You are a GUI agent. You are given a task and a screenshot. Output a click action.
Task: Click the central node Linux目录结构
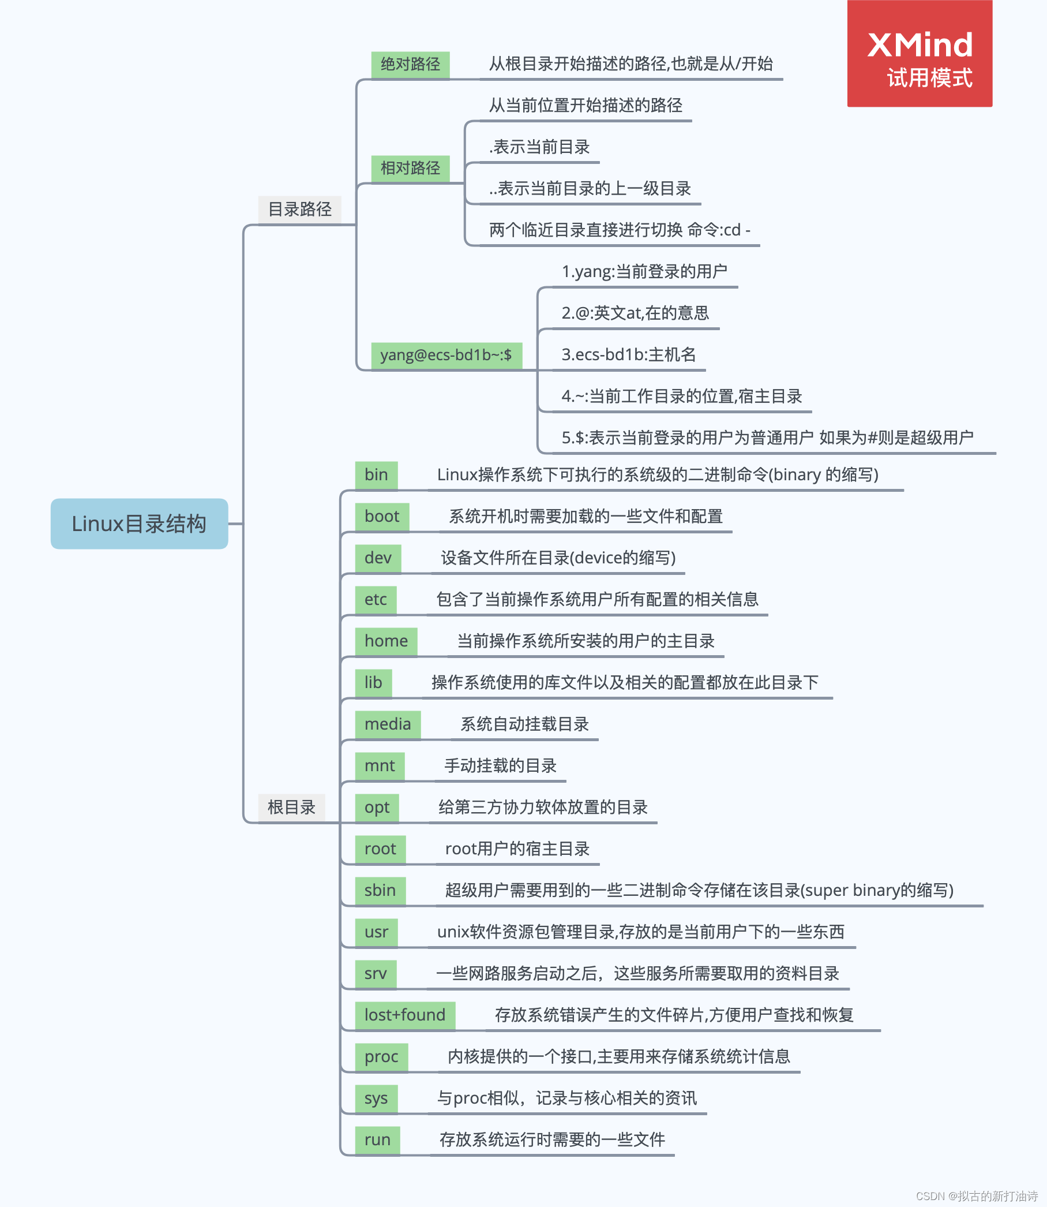pyautogui.click(x=139, y=524)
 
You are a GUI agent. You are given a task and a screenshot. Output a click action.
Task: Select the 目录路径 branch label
pyautogui.click(x=299, y=210)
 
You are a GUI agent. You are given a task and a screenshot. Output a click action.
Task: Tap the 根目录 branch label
pyautogui.click(x=291, y=807)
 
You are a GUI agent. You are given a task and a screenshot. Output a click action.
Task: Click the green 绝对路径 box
pyautogui.click(x=410, y=63)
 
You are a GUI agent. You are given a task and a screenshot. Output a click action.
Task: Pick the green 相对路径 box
pyautogui.click(x=410, y=169)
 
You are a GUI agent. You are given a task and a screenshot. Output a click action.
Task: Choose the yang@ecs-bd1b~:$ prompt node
pyautogui.click(x=446, y=355)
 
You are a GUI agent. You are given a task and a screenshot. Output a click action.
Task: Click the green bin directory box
pyautogui.click(x=376, y=474)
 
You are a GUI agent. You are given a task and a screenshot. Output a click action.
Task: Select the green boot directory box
pyautogui.click(x=381, y=516)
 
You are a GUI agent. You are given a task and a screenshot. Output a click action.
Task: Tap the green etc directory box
pyautogui.click(x=376, y=599)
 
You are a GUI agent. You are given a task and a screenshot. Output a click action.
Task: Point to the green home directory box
pyautogui.click(x=385, y=641)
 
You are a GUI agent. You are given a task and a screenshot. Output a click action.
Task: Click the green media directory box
pyautogui.click(x=388, y=724)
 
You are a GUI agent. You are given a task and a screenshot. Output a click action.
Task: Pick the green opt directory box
pyautogui.click(x=377, y=807)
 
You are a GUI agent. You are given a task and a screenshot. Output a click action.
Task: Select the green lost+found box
pyautogui.click(x=405, y=1015)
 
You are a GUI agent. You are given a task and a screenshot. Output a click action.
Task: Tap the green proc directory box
pyautogui.click(x=381, y=1056)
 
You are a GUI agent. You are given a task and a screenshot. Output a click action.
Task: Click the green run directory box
pyautogui.click(x=377, y=1139)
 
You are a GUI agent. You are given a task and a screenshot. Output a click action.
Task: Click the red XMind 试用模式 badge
pyautogui.click(x=920, y=54)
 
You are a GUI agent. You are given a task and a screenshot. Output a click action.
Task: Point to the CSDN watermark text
pyautogui.click(x=976, y=1196)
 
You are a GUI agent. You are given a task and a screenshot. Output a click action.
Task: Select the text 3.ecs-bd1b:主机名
pyautogui.click(x=629, y=355)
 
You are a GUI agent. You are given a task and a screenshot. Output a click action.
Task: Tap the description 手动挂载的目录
pyautogui.click(x=500, y=765)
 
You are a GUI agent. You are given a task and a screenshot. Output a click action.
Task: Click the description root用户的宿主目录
pyautogui.click(x=517, y=849)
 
